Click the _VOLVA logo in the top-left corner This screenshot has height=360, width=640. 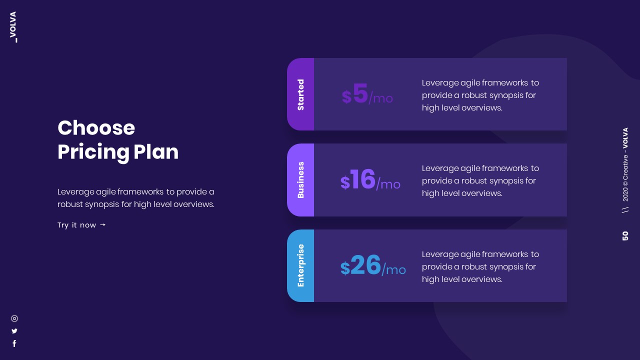point(13,27)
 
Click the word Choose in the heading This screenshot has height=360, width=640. point(96,128)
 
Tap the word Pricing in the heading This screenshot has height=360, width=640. point(93,152)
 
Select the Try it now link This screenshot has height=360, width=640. point(76,225)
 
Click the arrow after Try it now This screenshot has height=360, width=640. point(103,225)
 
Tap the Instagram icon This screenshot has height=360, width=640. point(14,318)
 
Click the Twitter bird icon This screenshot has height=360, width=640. point(14,331)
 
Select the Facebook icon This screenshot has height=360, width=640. point(14,343)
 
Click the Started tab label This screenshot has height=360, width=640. point(300,94)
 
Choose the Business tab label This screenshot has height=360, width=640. point(300,180)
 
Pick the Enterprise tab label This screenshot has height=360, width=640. point(300,265)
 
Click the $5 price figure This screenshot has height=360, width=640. point(355,94)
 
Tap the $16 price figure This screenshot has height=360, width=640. point(358,180)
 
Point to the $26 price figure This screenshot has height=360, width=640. point(361,266)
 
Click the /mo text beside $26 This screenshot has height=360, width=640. point(394,270)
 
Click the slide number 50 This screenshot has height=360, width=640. point(625,236)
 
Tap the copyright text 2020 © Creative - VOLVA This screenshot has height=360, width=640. point(625,164)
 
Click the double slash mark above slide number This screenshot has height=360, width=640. point(625,210)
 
